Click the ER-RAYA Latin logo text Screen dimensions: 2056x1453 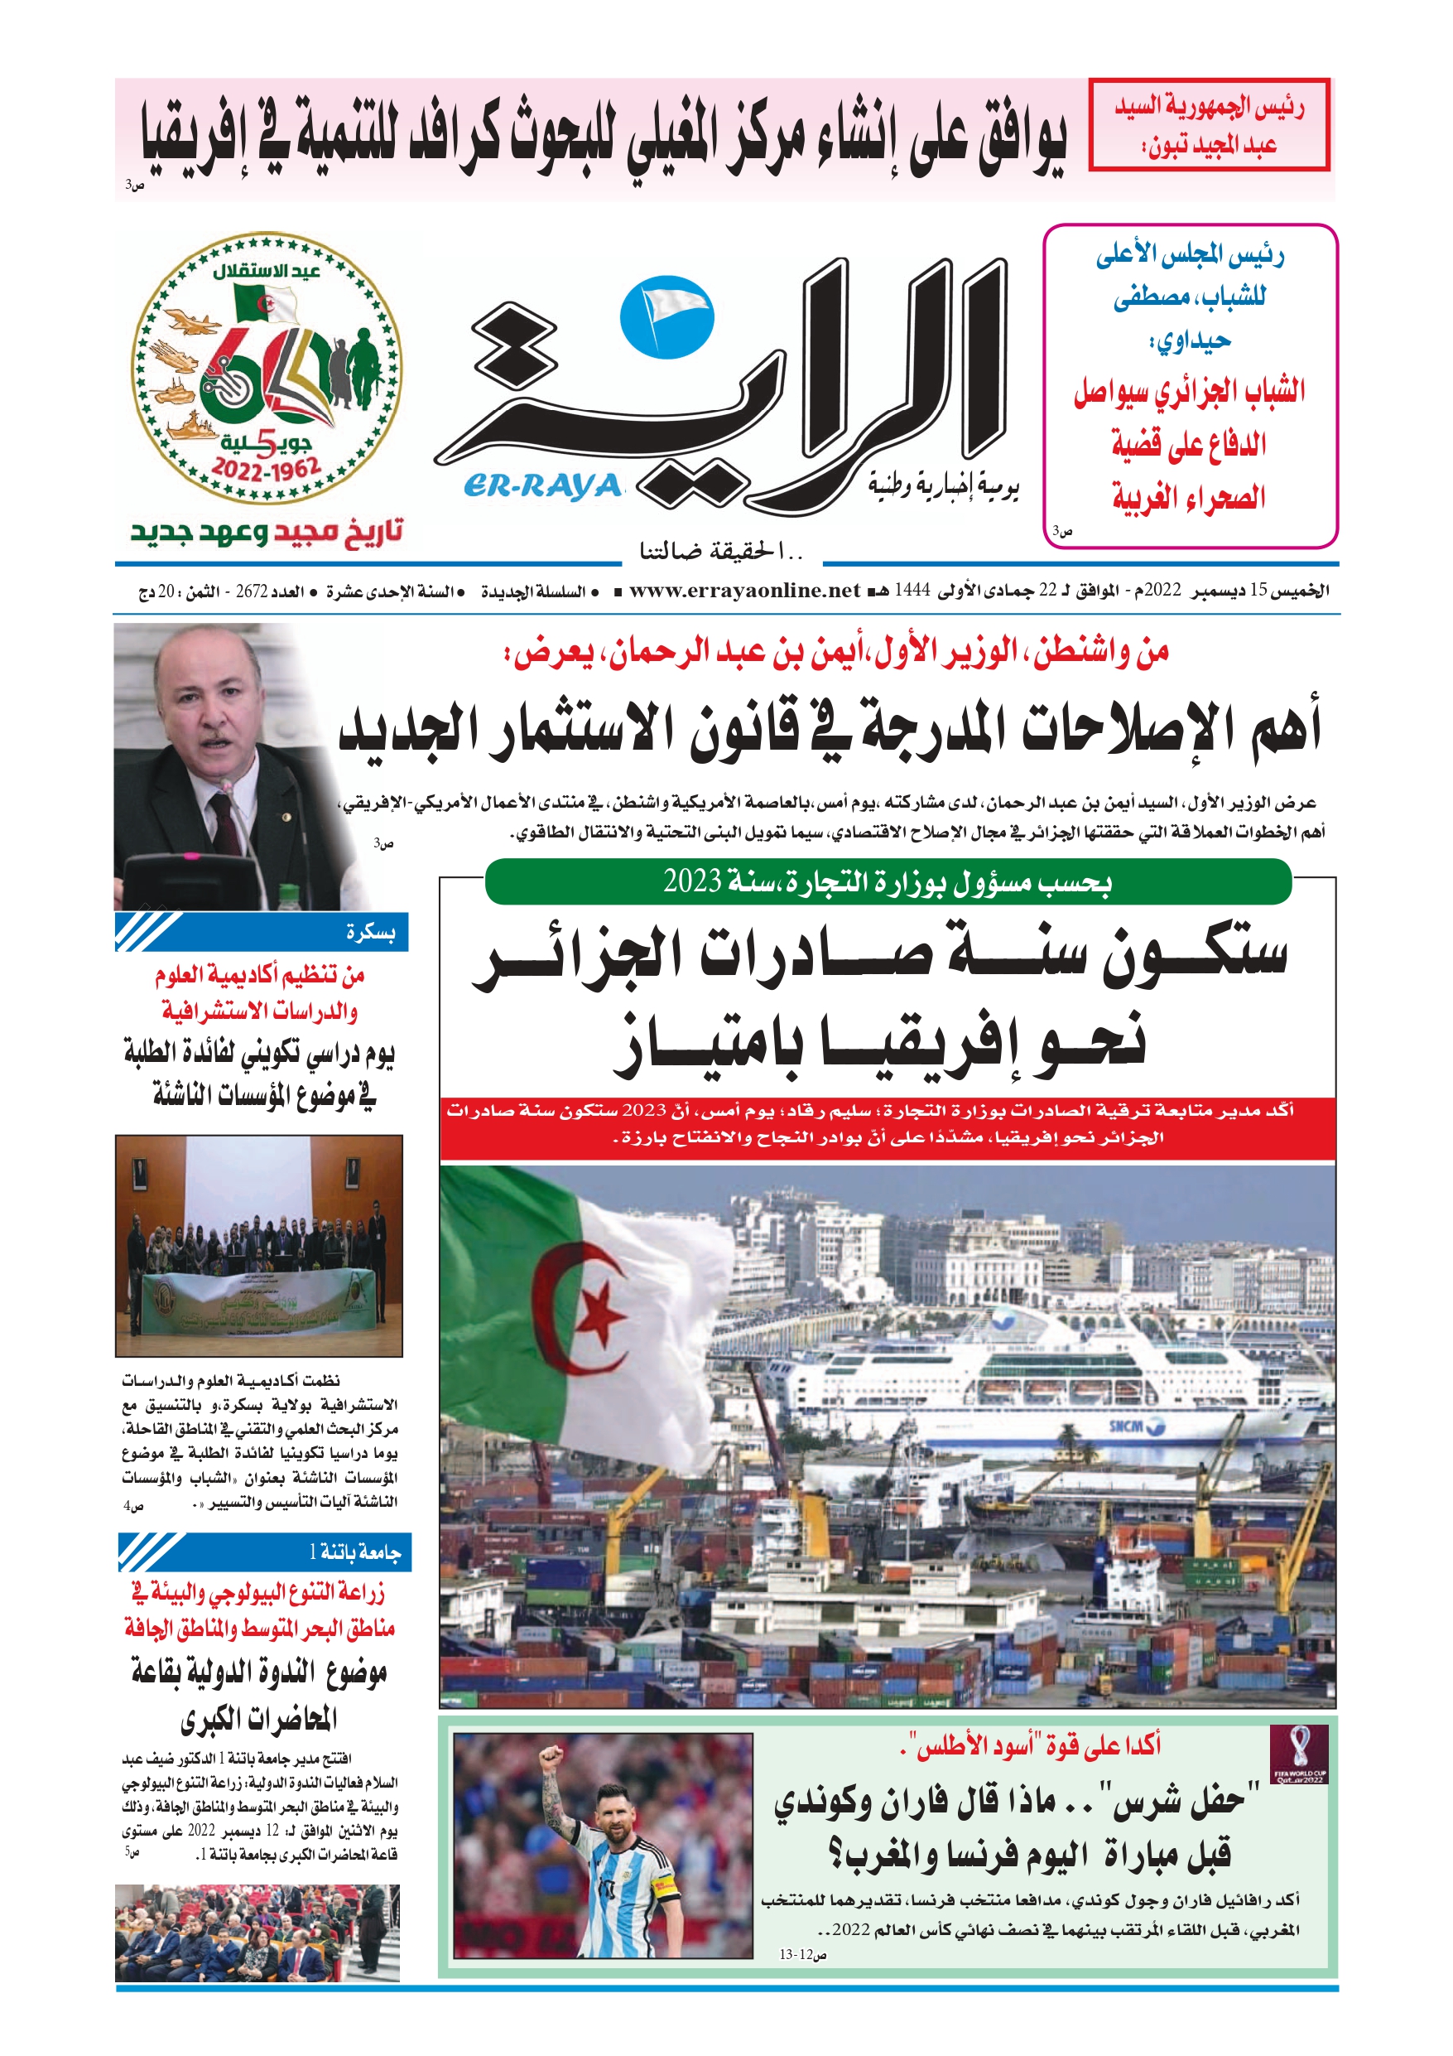[x=542, y=485]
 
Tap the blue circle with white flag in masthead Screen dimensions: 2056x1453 [x=667, y=317]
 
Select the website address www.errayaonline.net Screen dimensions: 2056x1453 [x=744, y=590]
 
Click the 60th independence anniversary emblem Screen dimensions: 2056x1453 [x=267, y=368]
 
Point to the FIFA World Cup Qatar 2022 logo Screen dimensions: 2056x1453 [x=1299, y=1755]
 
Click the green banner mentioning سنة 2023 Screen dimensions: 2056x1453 [x=888, y=882]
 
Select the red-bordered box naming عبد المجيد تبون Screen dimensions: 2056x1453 [x=1209, y=124]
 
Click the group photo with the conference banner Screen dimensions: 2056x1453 [x=259, y=1245]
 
